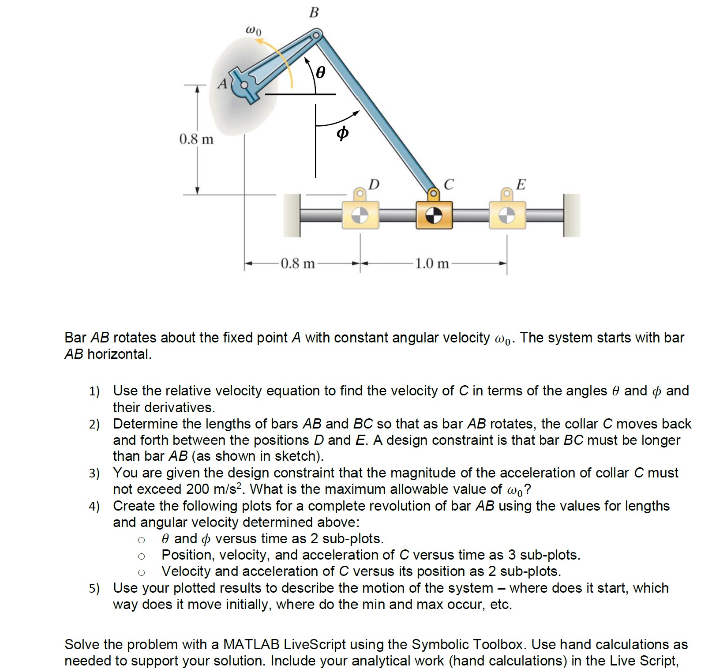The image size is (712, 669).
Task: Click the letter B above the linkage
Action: point(314,13)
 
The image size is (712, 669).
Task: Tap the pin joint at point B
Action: point(316,35)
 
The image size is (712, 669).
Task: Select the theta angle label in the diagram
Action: point(320,72)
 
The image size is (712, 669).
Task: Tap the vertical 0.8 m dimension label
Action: point(196,139)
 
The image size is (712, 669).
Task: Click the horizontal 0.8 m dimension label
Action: point(298,264)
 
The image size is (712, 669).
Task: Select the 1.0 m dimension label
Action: point(431,264)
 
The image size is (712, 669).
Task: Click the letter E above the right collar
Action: point(521,184)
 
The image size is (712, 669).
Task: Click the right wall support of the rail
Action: point(572,215)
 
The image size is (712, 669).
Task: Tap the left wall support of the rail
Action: point(292,215)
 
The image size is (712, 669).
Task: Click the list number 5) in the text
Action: point(94,588)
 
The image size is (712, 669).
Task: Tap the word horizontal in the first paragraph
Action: point(119,354)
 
